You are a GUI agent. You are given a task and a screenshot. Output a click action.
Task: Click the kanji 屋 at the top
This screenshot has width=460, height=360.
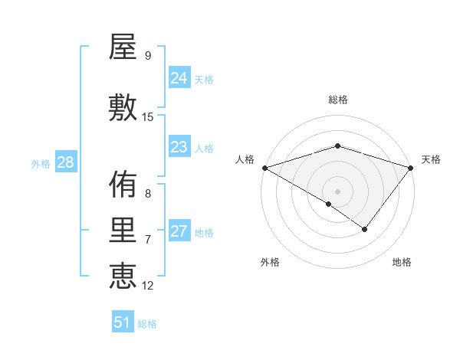tap(123, 48)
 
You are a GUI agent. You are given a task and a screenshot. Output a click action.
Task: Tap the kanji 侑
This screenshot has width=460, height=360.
tap(123, 185)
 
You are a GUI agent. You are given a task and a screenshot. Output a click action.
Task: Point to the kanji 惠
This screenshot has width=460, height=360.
tap(123, 277)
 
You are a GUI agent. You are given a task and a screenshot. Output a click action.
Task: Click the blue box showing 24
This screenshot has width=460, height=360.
tap(179, 78)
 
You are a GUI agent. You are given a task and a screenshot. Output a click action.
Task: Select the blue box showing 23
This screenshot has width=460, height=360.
tap(179, 147)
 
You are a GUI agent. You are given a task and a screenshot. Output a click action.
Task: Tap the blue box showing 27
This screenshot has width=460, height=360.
tap(179, 231)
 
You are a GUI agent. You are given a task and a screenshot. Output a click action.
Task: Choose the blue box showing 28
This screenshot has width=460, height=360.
tap(64, 163)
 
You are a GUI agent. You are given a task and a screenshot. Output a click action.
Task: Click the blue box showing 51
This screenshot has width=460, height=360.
tap(122, 322)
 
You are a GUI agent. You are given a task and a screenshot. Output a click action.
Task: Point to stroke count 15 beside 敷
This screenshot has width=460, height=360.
tap(149, 117)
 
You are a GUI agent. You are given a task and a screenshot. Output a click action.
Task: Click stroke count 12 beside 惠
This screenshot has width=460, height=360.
tap(149, 286)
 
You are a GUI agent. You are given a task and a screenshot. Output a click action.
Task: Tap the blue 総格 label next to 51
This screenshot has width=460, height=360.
tap(147, 324)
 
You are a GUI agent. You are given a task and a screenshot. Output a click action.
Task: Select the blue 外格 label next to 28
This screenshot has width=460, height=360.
tap(40, 164)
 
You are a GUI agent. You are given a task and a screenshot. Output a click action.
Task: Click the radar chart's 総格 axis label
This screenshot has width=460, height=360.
tap(338, 100)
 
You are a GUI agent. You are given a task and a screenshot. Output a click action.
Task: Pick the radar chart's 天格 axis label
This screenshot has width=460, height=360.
tap(431, 159)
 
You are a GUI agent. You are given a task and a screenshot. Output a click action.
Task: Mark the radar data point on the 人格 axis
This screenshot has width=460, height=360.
tap(264, 168)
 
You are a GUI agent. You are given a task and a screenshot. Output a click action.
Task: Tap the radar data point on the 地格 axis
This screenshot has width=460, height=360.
tap(365, 229)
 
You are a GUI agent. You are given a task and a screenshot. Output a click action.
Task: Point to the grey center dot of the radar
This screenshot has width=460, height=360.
tap(338, 191)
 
